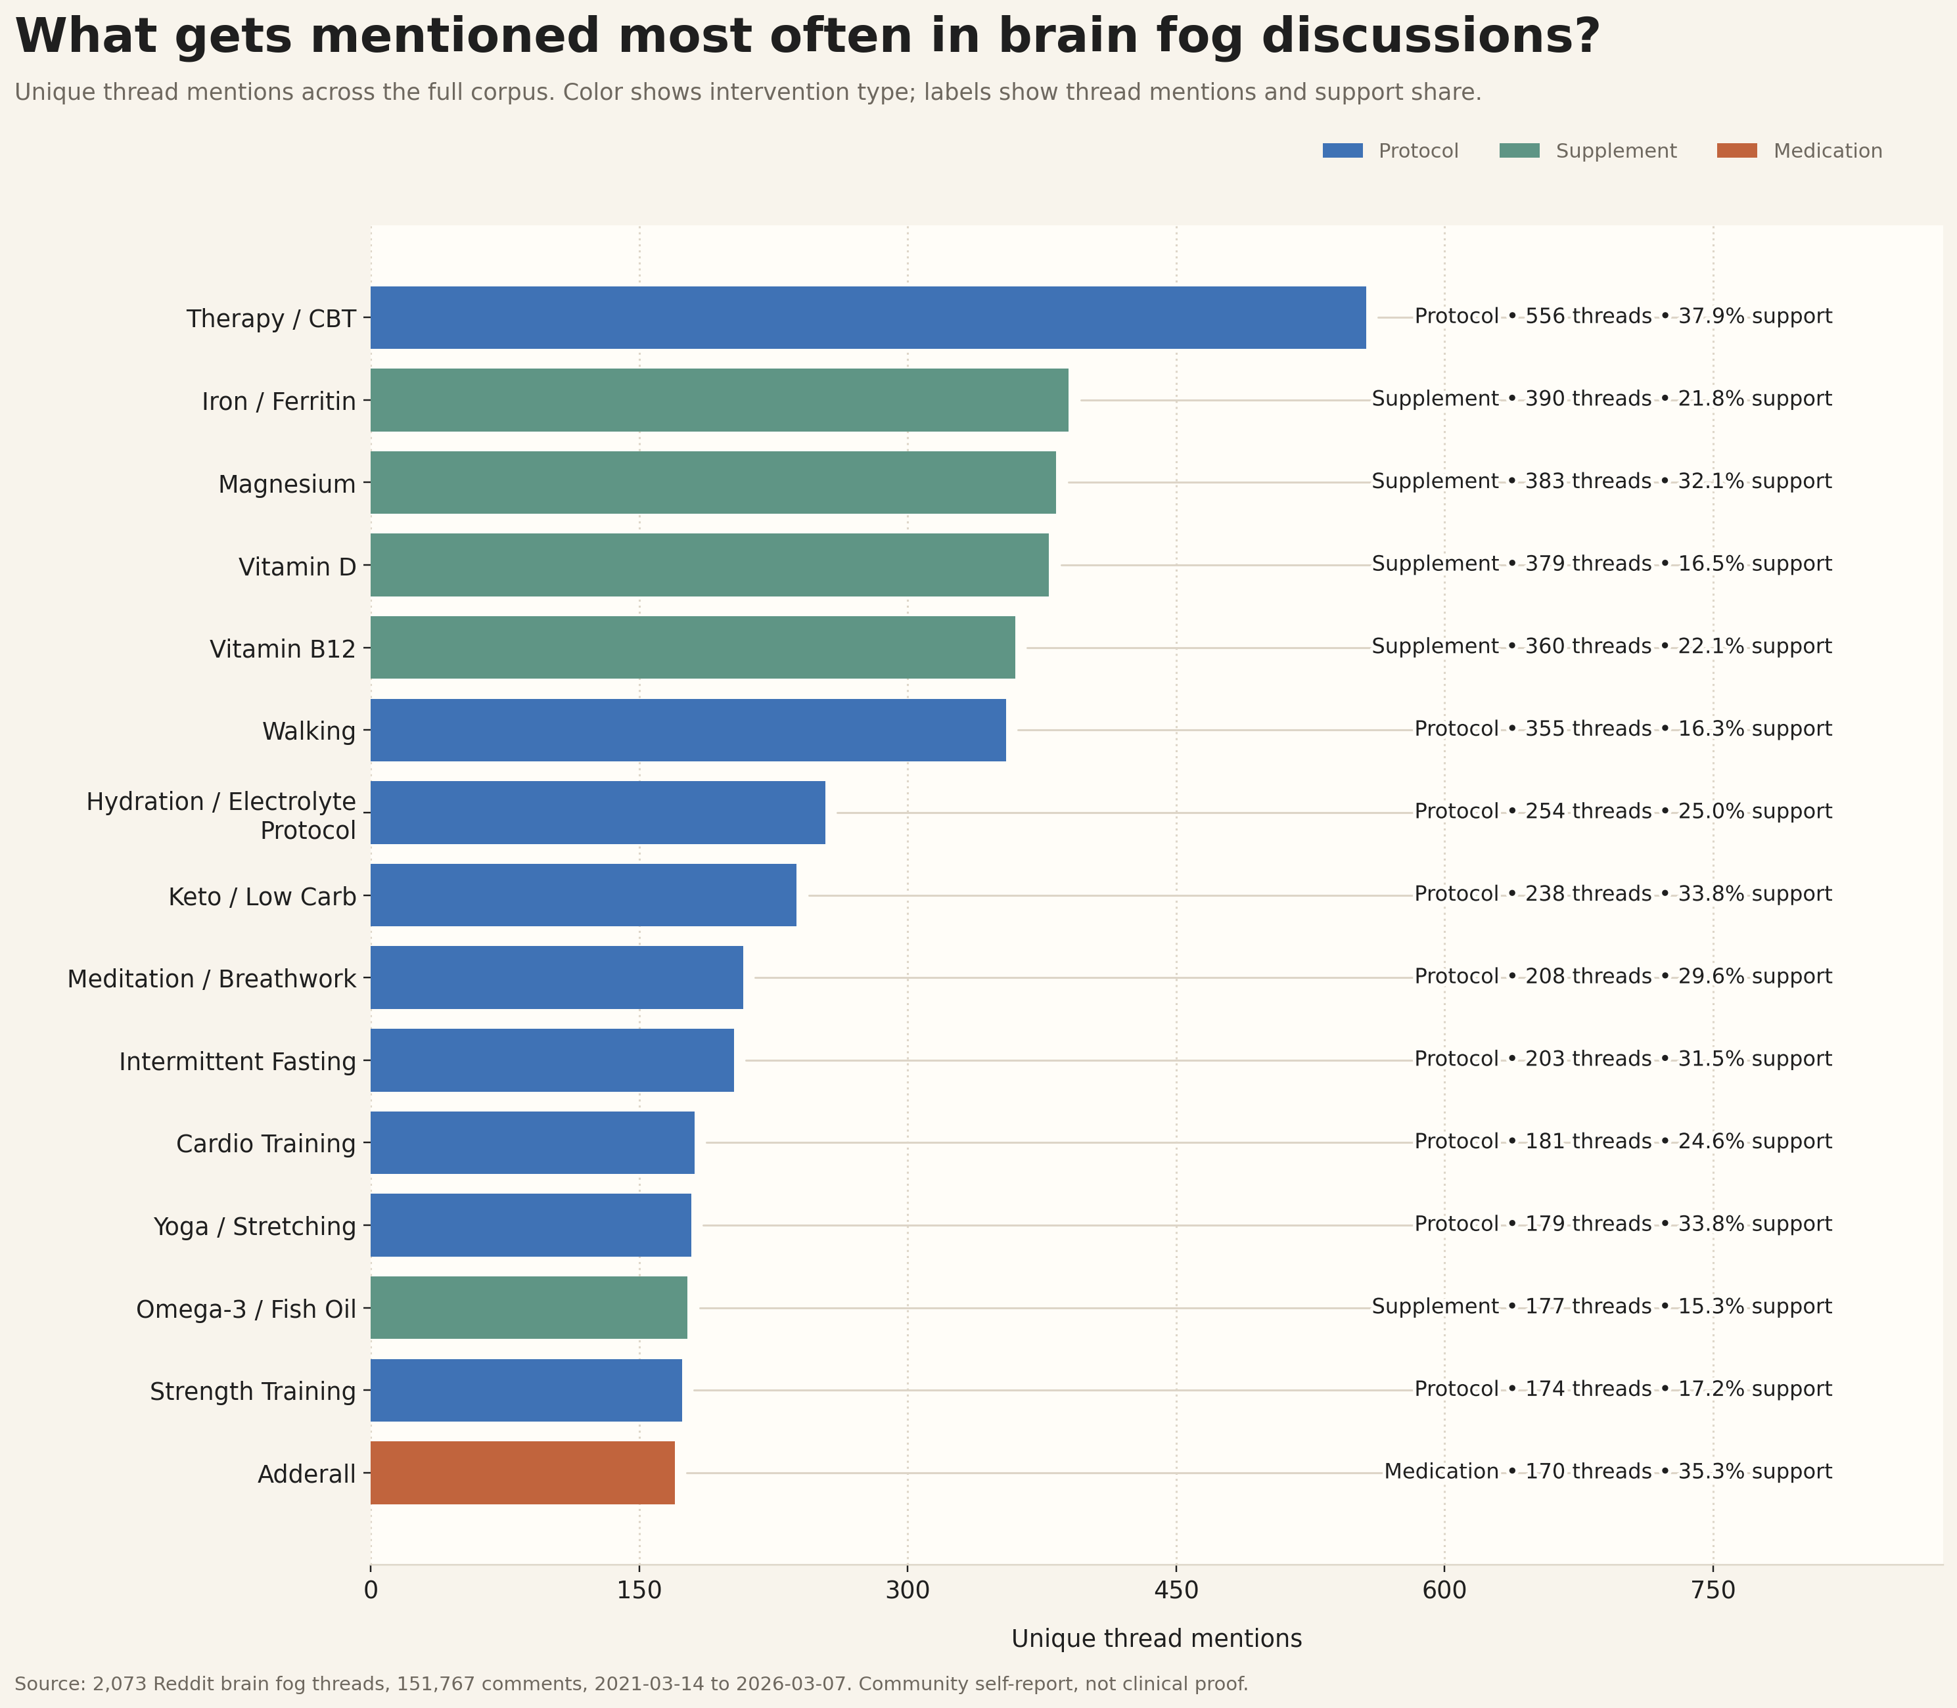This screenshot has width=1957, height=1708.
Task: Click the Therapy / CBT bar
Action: click(x=867, y=317)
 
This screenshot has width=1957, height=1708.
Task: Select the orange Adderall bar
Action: click(x=522, y=1473)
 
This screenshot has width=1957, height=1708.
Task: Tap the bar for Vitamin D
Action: click(x=709, y=565)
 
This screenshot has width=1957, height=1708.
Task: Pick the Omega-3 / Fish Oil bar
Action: click(x=529, y=1308)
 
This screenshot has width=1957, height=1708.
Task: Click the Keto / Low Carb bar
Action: click(x=584, y=895)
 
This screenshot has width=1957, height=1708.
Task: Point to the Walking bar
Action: click(x=688, y=730)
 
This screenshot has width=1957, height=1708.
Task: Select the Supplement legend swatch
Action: click(x=1519, y=150)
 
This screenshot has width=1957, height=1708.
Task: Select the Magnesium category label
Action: click(x=287, y=484)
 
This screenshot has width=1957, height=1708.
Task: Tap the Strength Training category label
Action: click(x=252, y=1391)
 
